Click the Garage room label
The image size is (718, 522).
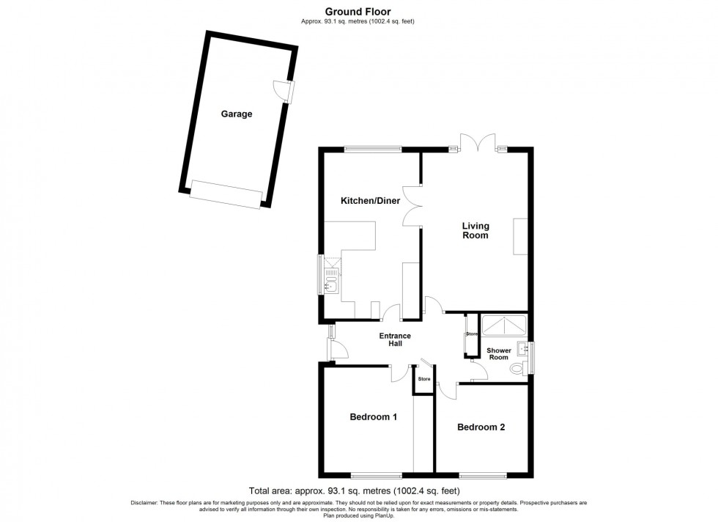click(x=236, y=114)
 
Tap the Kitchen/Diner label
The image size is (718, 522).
click(x=370, y=201)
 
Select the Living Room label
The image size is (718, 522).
click(x=475, y=230)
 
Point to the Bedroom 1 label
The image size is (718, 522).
click(x=373, y=417)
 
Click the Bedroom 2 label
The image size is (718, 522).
click(x=481, y=427)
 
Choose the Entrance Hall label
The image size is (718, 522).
click(x=395, y=339)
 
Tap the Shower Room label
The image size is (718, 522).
click(x=499, y=354)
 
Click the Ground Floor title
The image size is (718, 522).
click(x=358, y=12)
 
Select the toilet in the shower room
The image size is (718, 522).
click(x=519, y=367)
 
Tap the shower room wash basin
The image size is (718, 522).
click(x=522, y=349)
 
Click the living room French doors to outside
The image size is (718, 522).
click(x=478, y=141)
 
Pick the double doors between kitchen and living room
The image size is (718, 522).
click(x=412, y=206)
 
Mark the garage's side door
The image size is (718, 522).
click(x=284, y=90)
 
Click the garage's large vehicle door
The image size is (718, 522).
click(x=226, y=194)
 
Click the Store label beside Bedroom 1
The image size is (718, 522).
click(x=424, y=379)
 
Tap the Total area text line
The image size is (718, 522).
click(x=354, y=490)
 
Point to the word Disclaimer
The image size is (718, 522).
click(x=144, y=503)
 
